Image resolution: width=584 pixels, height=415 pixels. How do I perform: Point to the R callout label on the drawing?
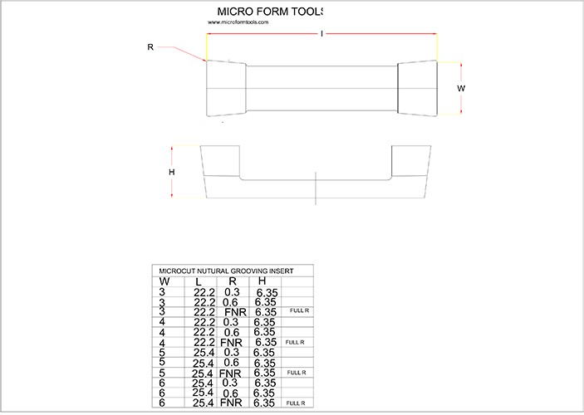point(150,47)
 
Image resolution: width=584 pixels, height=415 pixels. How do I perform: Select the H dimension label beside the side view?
point(172,172)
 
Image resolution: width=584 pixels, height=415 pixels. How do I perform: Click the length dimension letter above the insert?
point(321,33)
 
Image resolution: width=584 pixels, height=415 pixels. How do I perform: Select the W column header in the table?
point(164,281)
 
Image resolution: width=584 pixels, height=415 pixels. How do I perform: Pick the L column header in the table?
point(198,282)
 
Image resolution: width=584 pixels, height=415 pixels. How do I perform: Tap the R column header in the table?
point(232,281)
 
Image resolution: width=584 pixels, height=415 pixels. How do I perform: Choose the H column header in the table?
point(263,281)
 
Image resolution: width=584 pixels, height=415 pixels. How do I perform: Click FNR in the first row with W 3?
point(235,311)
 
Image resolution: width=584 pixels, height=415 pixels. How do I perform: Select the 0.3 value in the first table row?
point(232,292)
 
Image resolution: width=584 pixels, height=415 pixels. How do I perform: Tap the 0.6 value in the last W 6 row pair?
point(232,393)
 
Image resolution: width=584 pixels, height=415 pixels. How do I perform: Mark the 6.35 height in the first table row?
point(267,292)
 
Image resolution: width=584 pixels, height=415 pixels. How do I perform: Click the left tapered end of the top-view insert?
point(225,89)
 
